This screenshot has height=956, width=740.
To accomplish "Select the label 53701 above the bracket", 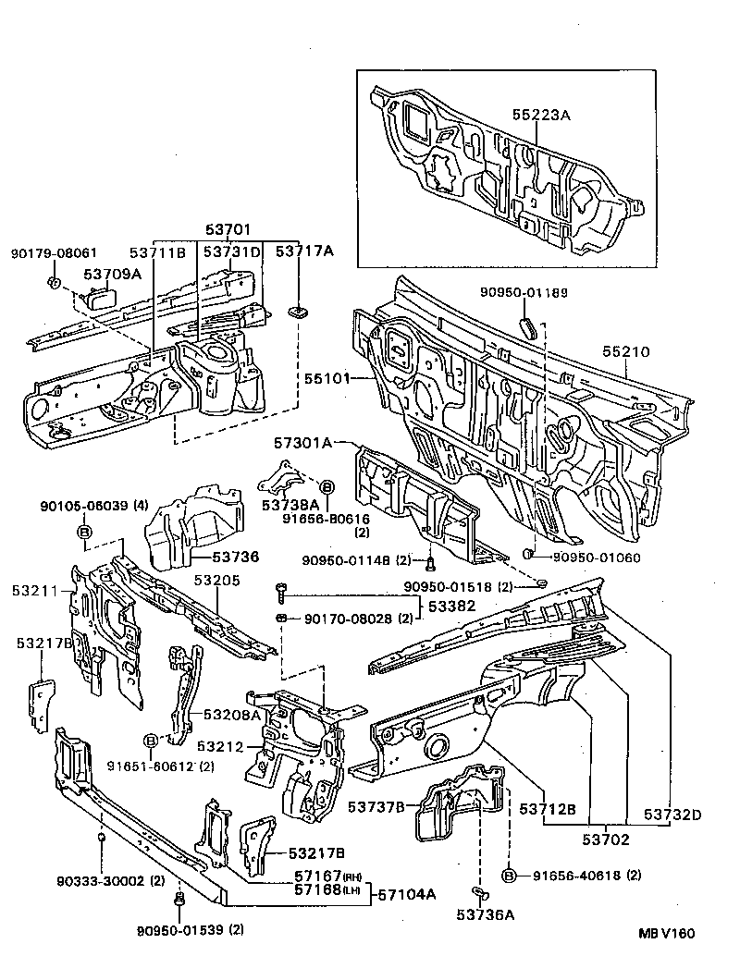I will (x=227, y=229).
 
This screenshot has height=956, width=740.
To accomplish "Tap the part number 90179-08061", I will (x=54, y=252).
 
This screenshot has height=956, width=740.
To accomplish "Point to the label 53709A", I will (x=112, y=274).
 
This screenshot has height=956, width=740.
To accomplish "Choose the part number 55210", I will (x=626, y=351).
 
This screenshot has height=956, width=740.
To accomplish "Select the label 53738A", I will (x=289, y=505).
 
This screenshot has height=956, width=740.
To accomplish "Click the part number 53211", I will (x=35, y=590).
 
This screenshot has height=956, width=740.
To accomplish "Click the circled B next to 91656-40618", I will (x=509, y=875).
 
